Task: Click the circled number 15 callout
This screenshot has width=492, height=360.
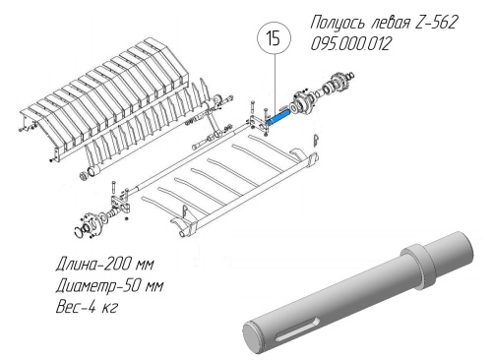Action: (274, 38)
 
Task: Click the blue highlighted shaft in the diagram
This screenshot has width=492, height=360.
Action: (278, 118)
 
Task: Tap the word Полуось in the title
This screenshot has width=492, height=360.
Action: (338, 23)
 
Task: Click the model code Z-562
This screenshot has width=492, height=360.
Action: (436, 23)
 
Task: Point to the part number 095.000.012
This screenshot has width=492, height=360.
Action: (350, 43)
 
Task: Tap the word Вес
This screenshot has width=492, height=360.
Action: (68, 307)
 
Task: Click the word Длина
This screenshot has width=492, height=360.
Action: (78, 265)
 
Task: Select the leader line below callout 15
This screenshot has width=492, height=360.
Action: (276, 85)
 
